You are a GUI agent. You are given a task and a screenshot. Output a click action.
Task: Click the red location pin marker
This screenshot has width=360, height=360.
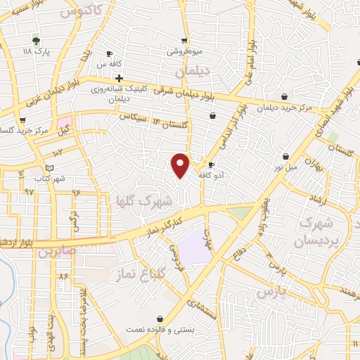181,165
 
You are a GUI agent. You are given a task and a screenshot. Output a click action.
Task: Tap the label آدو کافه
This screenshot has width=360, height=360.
212,174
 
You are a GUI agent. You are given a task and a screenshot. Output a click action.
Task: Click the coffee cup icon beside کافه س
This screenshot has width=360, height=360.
109,53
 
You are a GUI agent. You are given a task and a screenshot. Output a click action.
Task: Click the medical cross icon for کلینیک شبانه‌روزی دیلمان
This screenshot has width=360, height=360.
119,78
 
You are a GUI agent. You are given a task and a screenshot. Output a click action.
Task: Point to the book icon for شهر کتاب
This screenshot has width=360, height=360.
49,167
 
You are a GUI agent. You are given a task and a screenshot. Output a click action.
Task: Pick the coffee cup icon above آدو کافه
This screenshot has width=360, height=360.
212,165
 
